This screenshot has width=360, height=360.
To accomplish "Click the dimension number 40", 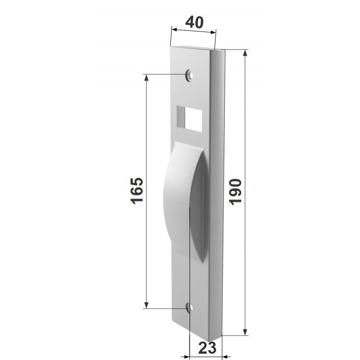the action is click(194, 22).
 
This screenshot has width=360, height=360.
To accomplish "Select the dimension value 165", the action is click(137, 190).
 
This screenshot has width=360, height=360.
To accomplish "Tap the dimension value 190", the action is click(235, 192).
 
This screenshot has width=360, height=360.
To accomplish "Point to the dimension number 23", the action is click(207, 347).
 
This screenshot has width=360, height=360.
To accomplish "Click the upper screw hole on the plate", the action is click(189, 75).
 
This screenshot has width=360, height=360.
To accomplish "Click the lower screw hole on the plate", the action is click(189, 308).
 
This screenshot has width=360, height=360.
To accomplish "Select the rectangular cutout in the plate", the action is click(189, 119).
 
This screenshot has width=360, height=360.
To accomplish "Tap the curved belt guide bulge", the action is click(185, 200).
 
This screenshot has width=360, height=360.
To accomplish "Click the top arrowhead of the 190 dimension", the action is click(245, 53).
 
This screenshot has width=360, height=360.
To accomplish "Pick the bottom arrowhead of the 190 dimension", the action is click(245, 332).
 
